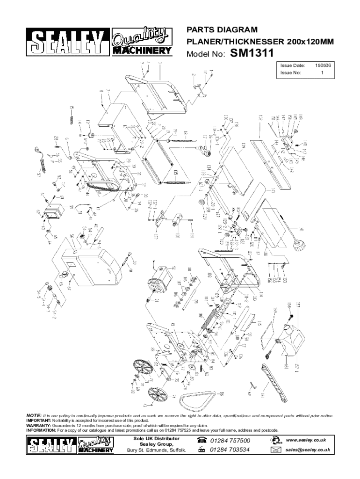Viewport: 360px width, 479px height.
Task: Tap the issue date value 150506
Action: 323,66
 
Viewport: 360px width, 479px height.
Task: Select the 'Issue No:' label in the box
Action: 290,73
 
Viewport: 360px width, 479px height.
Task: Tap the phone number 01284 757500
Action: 230,441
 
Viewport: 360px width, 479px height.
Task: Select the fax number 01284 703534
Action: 230,450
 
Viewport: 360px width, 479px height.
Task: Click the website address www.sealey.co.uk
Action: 308,440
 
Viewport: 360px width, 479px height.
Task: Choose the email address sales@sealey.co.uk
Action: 308,450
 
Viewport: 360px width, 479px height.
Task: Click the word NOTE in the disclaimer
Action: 33,415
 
